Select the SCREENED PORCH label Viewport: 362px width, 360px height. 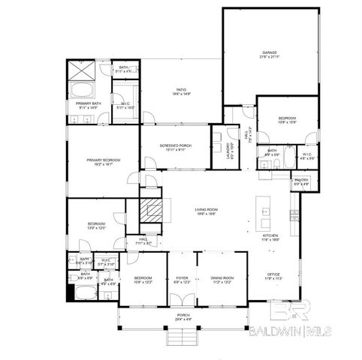[174, 147]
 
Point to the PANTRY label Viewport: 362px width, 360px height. [301, 181]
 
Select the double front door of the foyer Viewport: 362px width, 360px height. [183, 306]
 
